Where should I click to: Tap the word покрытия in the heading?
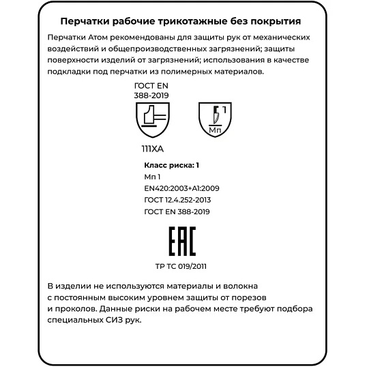click(281, 22)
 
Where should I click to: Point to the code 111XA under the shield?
click(153, 147)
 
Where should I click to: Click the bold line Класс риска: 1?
click(171, 165)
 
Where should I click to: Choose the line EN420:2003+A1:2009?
click(181, 188)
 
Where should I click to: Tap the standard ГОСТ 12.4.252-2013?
click(177, 200)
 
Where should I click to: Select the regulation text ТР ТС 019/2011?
click(181, 267)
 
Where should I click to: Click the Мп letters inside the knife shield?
click(214, 128)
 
